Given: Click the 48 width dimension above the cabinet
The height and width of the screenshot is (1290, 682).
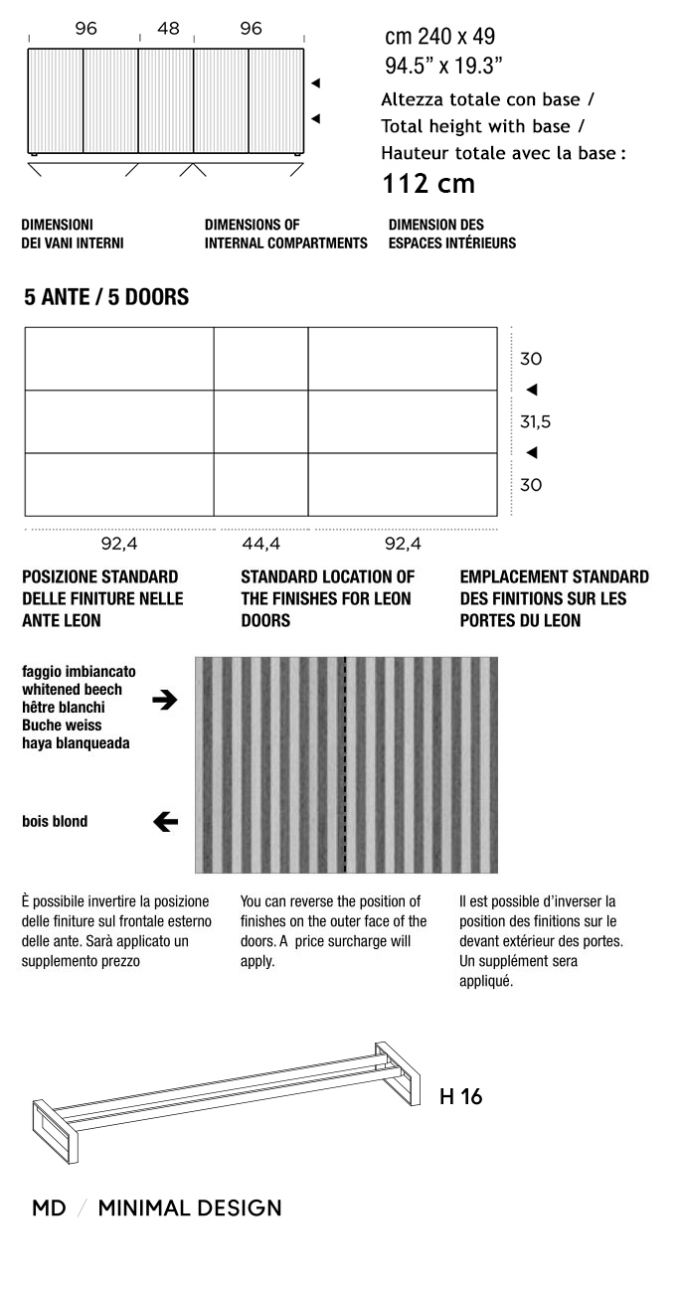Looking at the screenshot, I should click(x=168, y=29).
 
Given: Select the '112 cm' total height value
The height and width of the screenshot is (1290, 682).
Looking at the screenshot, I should click(x=428, y=184).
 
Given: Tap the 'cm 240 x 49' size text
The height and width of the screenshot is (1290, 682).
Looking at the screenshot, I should click(x=439, y=38).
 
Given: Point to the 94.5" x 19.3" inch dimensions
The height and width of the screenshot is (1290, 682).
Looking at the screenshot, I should click(x=443, y=67).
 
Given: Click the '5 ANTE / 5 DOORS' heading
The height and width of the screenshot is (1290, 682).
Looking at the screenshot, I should click(x=106, y=297).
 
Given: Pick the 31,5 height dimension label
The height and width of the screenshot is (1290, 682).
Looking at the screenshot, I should click(x=535, y=422).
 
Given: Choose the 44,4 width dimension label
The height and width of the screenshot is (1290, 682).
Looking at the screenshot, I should click(x=260, y=544).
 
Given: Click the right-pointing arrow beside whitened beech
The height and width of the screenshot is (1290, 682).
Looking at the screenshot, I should click(x=165, y=700).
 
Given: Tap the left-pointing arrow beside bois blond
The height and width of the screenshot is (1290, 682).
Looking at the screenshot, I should click(x=165, y=821).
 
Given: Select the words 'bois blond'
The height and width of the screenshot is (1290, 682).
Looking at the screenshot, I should click(x=55, y=821).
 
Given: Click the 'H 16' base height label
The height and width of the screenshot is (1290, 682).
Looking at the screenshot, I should click(x=460, y=1097).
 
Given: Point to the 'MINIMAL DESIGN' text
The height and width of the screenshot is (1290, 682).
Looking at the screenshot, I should click(x=190, y=1209).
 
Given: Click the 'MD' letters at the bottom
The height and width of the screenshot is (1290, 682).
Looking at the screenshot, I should click(x=49, y=1209).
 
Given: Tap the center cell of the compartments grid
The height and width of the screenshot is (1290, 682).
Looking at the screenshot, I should click(x=260, y=421).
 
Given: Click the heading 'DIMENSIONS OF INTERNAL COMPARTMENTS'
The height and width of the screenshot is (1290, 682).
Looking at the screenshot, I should click(x=285, y=234).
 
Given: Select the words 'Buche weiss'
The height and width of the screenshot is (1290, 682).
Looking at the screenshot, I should click(x=62, y=726).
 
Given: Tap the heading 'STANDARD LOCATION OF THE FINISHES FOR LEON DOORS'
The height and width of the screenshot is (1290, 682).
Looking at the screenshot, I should click(x=327, y=598).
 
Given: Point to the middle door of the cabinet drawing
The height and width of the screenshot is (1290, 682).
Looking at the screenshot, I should click(x=165, y=100).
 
